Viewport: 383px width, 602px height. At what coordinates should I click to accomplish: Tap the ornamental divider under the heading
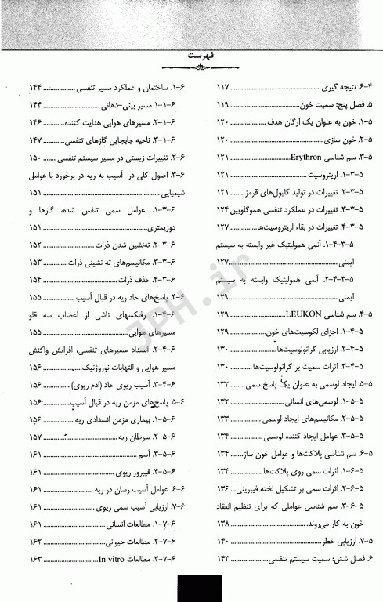[x=192, y=71]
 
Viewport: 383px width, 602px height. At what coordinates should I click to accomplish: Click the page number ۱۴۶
[x=34, y=122]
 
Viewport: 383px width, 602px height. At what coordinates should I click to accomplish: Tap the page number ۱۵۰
[x=34, y=158]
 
